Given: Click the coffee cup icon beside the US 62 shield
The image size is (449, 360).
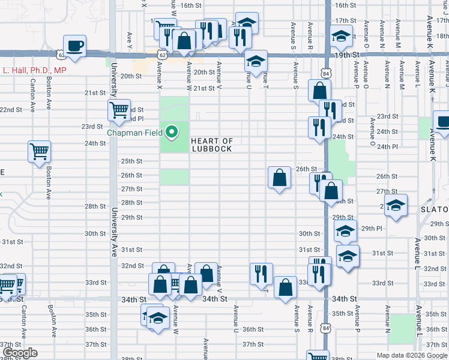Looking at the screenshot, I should (74, 46).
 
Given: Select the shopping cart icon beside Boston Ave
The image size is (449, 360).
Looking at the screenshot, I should (40, 151).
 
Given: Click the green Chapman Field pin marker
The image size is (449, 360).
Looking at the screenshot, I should (172, 132).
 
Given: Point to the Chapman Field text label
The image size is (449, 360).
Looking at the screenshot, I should (137, 133).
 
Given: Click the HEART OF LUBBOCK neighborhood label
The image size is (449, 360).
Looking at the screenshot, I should (211, 145).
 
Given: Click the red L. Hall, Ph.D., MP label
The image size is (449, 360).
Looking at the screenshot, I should (34, 71).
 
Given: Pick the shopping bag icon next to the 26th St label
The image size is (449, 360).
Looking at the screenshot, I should (279, 178).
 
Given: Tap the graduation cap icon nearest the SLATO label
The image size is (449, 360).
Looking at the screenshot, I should (396, 205).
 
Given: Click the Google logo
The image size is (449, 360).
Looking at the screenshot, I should (20, 353).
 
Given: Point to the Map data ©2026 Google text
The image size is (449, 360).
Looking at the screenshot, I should (411, 355).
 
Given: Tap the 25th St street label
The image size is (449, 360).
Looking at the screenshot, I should (131, 161).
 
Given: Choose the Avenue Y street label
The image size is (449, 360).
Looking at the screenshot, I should (130, 38).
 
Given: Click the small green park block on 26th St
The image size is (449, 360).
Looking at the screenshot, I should (174, 177).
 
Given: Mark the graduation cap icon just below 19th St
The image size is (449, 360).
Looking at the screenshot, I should (256, 62).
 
